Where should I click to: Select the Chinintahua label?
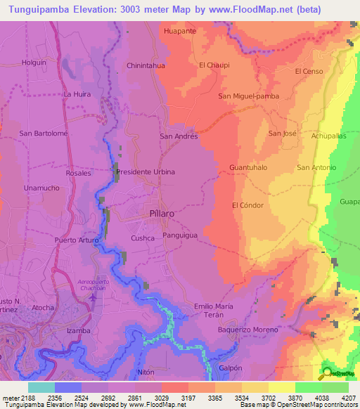pyautogui.click(x=146, y=65)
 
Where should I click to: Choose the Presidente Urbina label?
pyautogui.click(x=145, y=171)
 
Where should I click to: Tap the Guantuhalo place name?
pyautogui.click(x=248, y=168)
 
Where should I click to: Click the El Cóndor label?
pyautogui.click(x=247, y=205)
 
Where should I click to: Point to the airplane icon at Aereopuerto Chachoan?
pyautogui.click(x=93, y=297)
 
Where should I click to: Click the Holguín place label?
pyautogui.click(x=34, y=62)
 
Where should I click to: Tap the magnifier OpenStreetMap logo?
pyautogui.click(x=328, y=373)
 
